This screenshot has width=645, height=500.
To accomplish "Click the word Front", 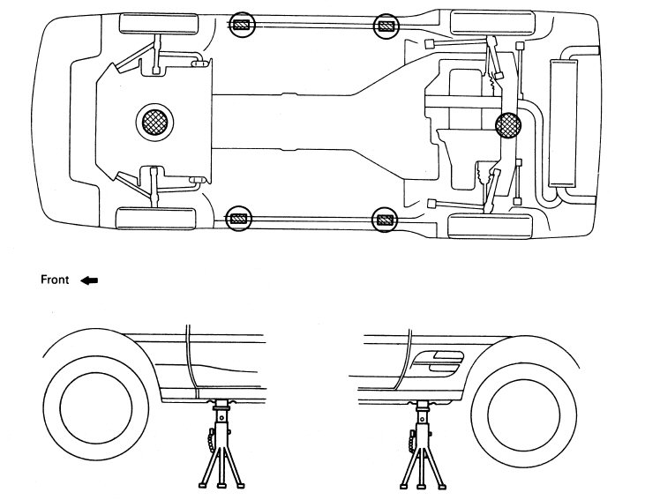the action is pos(55,280).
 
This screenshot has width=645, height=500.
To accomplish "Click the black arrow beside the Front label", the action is pos(89,280).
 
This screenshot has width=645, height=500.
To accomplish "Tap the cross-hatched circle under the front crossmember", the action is pos(154,122).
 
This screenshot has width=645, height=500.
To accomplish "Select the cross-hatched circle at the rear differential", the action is pos(508,125).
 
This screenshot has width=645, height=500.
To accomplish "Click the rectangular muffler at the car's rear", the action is pos(564,123).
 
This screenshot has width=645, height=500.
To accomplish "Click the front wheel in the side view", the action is pos(96,408).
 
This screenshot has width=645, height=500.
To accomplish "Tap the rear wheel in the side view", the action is pos(523,414).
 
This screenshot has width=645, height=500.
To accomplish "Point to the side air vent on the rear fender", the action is pos(438,362).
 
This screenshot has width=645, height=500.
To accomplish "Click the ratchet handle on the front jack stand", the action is pos(212,440).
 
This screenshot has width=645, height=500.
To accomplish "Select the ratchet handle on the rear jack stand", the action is pos(412,441).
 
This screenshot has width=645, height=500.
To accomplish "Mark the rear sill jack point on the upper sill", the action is pos(386,26).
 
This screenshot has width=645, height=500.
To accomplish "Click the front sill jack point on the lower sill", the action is pos(239,219).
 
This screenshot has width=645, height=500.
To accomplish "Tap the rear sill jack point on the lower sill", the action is pos(384,220).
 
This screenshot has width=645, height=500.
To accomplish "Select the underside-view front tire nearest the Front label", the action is pos(155,219).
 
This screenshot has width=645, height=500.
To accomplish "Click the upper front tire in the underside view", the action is pos(159,24).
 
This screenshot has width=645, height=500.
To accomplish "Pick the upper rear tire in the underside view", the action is pos(493,24).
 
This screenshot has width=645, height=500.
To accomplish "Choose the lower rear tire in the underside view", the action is pos(490,226).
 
